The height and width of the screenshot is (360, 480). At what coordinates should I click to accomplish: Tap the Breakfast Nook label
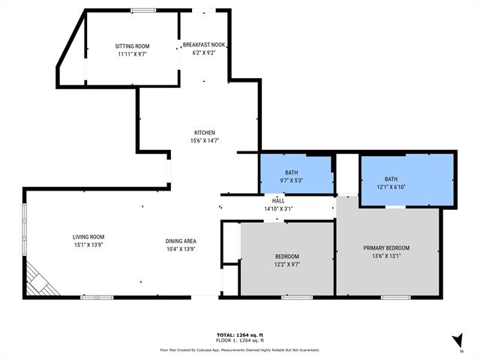[x=204, y=45]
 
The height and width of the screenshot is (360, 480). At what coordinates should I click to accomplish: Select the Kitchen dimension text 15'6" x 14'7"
[x=205, y=141]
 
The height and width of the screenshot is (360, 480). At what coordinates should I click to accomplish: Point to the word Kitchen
[x=205, y=133]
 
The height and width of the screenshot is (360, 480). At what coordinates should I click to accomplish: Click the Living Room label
[x=88, y=236]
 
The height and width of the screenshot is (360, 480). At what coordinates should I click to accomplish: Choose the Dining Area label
[x=181, y=241]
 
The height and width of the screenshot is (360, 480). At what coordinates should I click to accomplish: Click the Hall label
[x=278, y=201]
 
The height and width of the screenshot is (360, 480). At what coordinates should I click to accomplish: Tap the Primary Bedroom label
[x=386, y=248]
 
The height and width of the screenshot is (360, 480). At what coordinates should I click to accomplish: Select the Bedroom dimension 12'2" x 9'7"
[x=286, y=264]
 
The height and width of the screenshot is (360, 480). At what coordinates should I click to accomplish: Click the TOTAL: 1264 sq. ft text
[x=239, y=334]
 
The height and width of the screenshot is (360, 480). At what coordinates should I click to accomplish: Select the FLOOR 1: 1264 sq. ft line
[x=239, y=340]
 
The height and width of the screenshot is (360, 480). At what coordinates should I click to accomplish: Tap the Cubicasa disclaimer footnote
[x=239, y=349]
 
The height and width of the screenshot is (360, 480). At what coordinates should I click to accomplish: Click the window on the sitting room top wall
[x=142, y=10]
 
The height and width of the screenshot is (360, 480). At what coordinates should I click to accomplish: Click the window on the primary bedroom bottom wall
[x=395, y=298]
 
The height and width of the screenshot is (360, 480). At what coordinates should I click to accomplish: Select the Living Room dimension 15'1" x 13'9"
[x=88, y=245]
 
